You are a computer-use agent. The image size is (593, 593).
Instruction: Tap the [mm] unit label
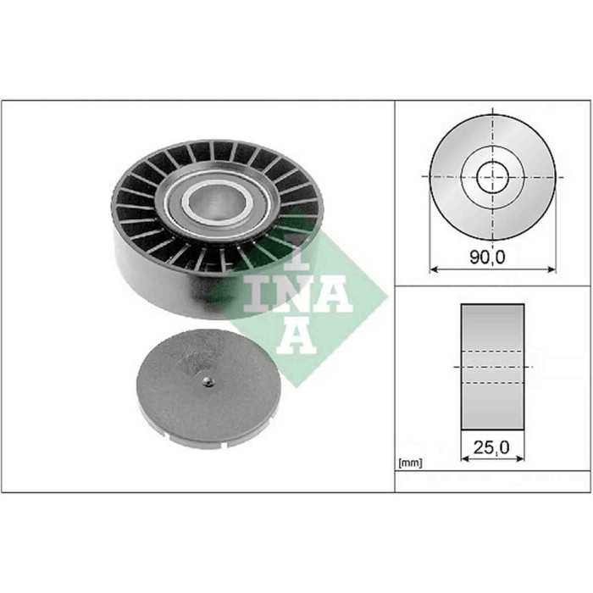410,463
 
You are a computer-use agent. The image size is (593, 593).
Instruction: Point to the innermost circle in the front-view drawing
491,178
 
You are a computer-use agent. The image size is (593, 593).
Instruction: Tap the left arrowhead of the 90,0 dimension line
435,270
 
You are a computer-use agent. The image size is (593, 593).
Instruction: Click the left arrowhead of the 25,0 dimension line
463,458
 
